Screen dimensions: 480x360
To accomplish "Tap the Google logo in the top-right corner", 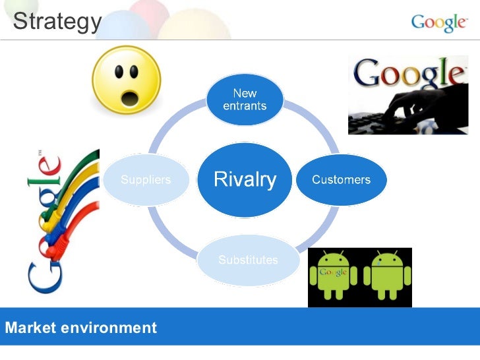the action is point(438,22).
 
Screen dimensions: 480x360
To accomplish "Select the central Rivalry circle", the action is point(245,179).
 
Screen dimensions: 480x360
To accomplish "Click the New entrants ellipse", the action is point(245,99).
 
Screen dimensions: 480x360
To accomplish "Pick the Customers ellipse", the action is point(341,179).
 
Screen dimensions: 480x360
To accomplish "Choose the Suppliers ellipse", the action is point(145,179).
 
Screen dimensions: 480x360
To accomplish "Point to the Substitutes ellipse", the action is point(248,260).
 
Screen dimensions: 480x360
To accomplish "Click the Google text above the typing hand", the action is point(407,73).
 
